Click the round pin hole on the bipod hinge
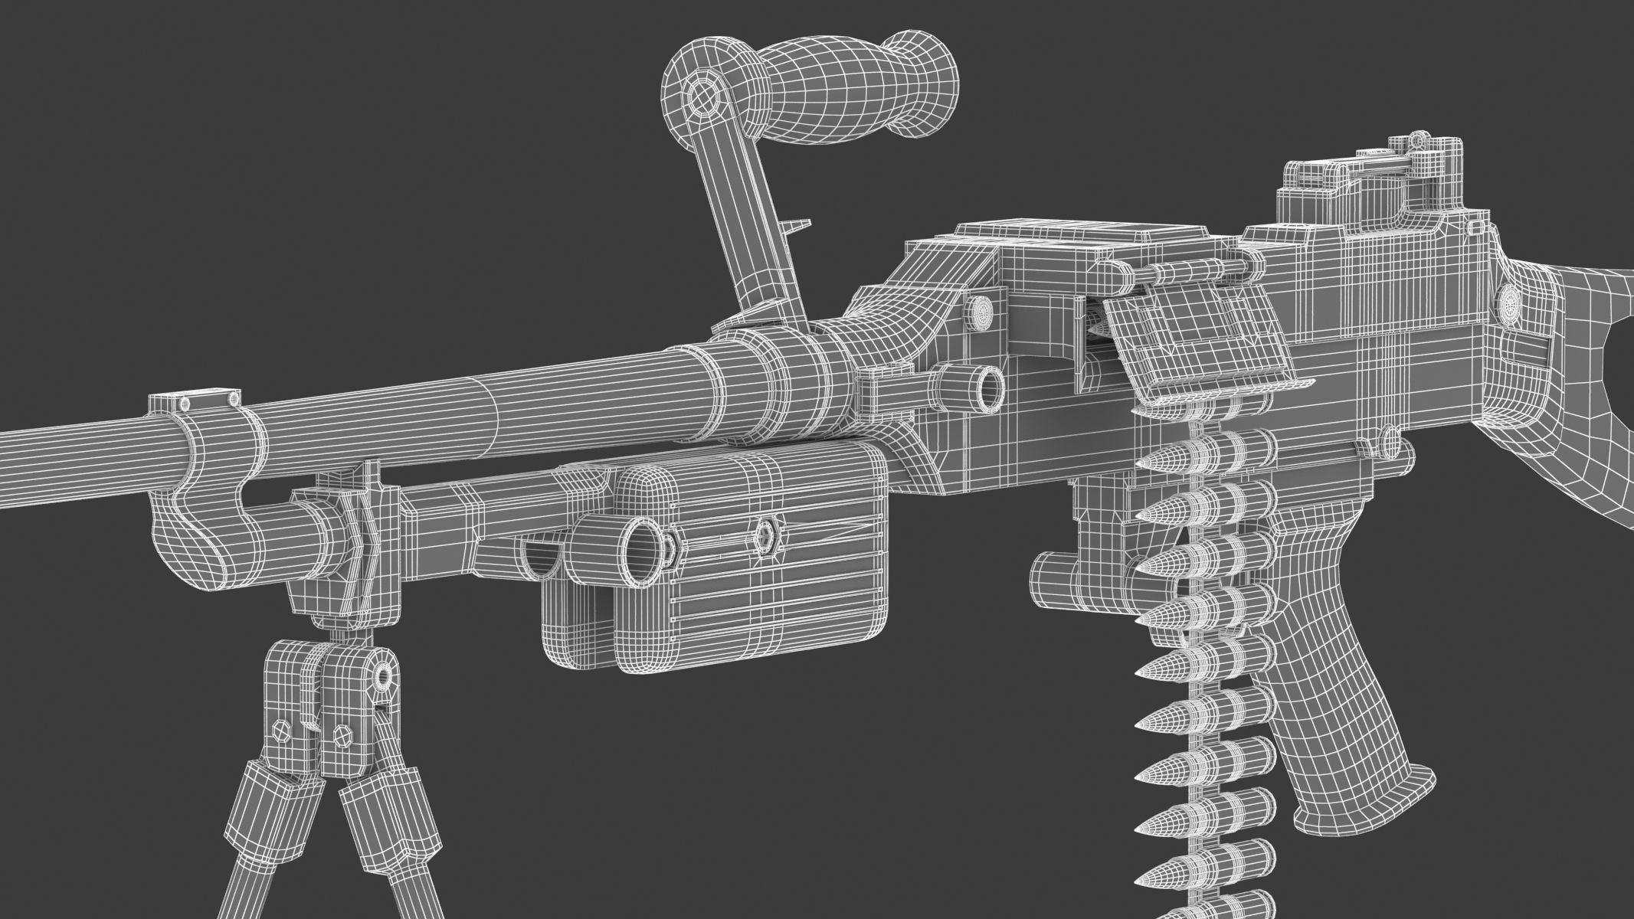382,675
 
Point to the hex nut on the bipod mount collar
357,528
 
